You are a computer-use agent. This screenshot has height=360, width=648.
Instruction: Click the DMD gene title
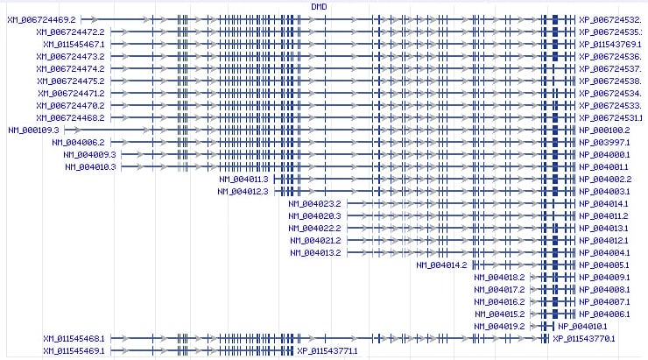click(x=320, y=6)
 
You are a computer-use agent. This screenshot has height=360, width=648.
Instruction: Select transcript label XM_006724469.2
click(x=41, y=18)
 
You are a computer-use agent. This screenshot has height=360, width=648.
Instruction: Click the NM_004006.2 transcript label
click(x=78, y=142)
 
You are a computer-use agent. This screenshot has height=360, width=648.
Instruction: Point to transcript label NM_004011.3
click(x=243, y=179)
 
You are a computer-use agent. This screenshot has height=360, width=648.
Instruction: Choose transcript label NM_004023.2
click(x=314, y=203)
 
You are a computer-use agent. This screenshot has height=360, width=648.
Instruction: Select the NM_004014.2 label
click(x=442, y=265)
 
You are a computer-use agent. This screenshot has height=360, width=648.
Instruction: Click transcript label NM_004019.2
click(x=499, y=326)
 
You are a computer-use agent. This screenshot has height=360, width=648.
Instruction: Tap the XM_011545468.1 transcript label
click(x=74, y=338)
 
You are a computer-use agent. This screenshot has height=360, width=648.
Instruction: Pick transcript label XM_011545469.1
click(x=74, y=350)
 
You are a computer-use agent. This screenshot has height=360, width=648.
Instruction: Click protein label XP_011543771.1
click(x=328, y=350)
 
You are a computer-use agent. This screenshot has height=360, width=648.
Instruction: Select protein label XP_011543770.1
click(x=584, y=338)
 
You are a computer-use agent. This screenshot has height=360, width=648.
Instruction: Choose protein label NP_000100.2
click(x=604, y=130)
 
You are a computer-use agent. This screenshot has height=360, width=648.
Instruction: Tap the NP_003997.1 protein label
click(x=604, y=142)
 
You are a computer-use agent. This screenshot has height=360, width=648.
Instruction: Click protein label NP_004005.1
click(x=604, y=265)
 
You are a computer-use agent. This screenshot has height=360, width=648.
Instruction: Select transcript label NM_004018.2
click(x=499, y=277)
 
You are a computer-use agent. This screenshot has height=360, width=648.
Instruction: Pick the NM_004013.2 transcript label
click(x=314, y=252)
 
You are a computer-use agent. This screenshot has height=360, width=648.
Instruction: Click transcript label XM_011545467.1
click(x=71, y=43)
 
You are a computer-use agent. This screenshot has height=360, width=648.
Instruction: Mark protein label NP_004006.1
click(x=604, y=314)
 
